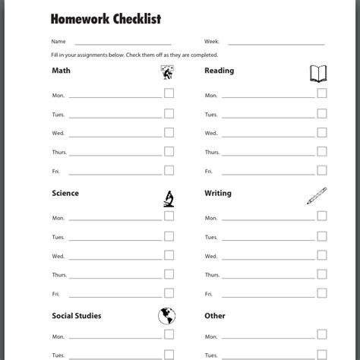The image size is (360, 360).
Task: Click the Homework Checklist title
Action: click(106, 18)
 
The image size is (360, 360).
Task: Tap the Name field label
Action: click(58, 43)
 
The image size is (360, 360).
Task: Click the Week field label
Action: click(212, 43)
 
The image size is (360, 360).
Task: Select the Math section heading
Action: click(61, 71)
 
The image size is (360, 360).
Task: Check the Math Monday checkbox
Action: click(169, 93)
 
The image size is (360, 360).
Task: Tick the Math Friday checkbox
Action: click(169, 170)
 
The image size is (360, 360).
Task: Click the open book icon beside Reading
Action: click(318, 74)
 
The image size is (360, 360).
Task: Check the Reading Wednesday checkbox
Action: click(321, 132)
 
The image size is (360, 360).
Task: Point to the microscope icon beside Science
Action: click(169, 198)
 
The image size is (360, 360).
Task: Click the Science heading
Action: click(65, 194)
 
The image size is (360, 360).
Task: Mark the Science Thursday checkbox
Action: click(169, 273)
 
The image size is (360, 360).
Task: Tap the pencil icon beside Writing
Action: click(317, 196)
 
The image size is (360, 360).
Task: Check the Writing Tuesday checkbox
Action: click(321, 235)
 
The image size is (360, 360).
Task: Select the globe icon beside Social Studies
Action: click(168, 315)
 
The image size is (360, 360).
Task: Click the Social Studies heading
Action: click(77, 316)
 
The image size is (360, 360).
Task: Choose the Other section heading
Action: click(215, 316)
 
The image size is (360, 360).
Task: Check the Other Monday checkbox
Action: click(321, 334)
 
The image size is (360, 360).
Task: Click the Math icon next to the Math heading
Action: click(168, 73)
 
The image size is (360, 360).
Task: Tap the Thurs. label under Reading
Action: click(212, 153)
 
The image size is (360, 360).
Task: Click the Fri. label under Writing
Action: click(209, 294)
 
